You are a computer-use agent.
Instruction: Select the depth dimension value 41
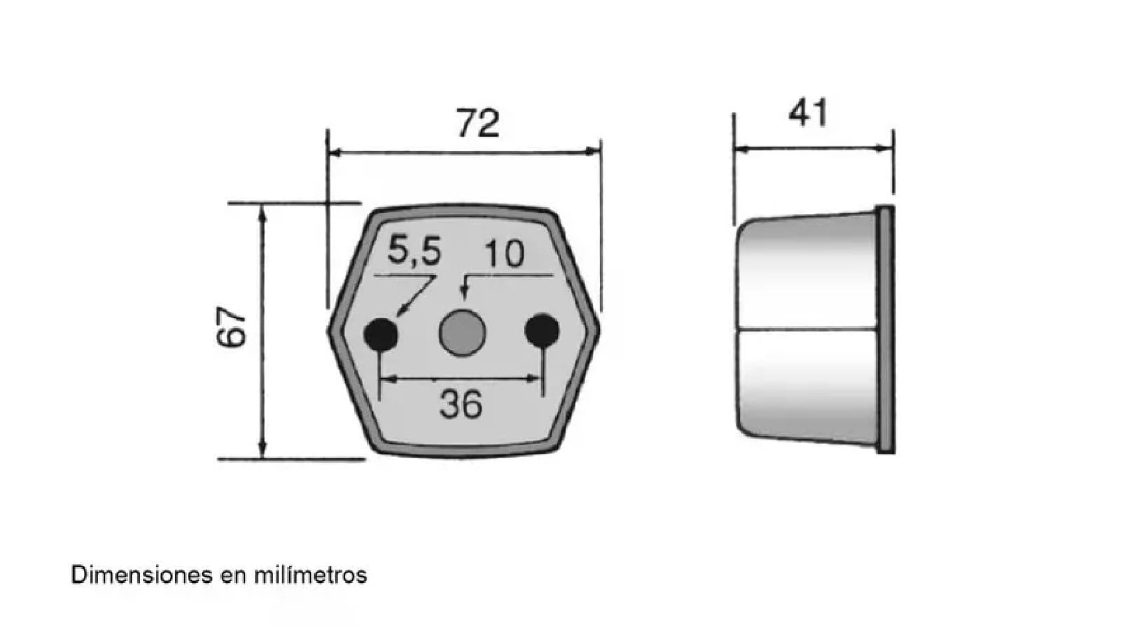tap(808, 113)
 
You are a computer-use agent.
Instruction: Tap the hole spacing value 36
tap(461, 405)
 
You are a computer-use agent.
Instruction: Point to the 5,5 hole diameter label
tap(414, 252)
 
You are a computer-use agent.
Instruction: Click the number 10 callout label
tap(504, 254)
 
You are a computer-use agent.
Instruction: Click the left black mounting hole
tap(382, 333)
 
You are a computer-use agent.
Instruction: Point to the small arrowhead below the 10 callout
tap(464, 294)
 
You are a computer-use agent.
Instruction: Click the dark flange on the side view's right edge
tap(885, 329)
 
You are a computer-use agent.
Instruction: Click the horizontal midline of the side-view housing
tap(806, 329)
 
